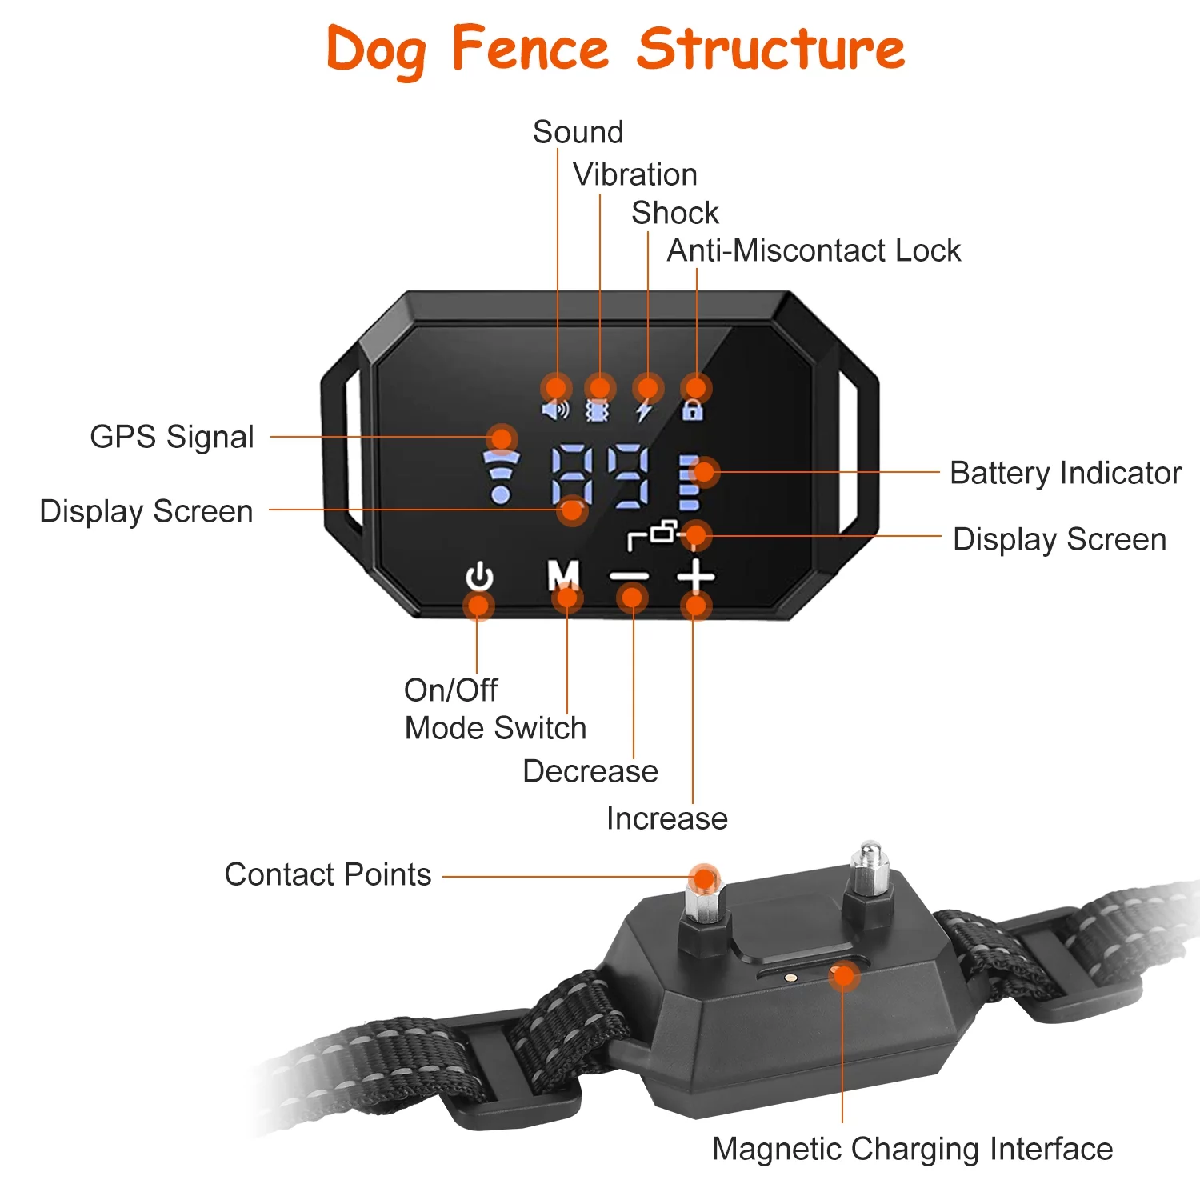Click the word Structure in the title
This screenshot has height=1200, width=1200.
tap(770, 50)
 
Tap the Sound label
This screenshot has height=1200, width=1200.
tap(578, 132)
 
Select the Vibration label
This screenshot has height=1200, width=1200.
tap(635, 174)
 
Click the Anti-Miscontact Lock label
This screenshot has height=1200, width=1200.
tap(814, 250)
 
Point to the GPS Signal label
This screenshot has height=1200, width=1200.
tap(172, 437)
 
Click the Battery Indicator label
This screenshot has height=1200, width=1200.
tap(1066, 473)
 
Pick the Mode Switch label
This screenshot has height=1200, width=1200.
tap(495, 728)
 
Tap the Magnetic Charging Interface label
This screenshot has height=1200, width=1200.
tap(912, 1149)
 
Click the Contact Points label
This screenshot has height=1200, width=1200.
tap(328, 874)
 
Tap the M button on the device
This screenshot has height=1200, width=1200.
tap(563, 574)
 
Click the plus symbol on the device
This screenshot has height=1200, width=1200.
tap(696, 575)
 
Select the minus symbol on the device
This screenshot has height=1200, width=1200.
tap(630, 576)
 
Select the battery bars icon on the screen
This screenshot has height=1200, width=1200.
tap(689, 484)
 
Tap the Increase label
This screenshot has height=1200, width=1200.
tap(667, 818)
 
